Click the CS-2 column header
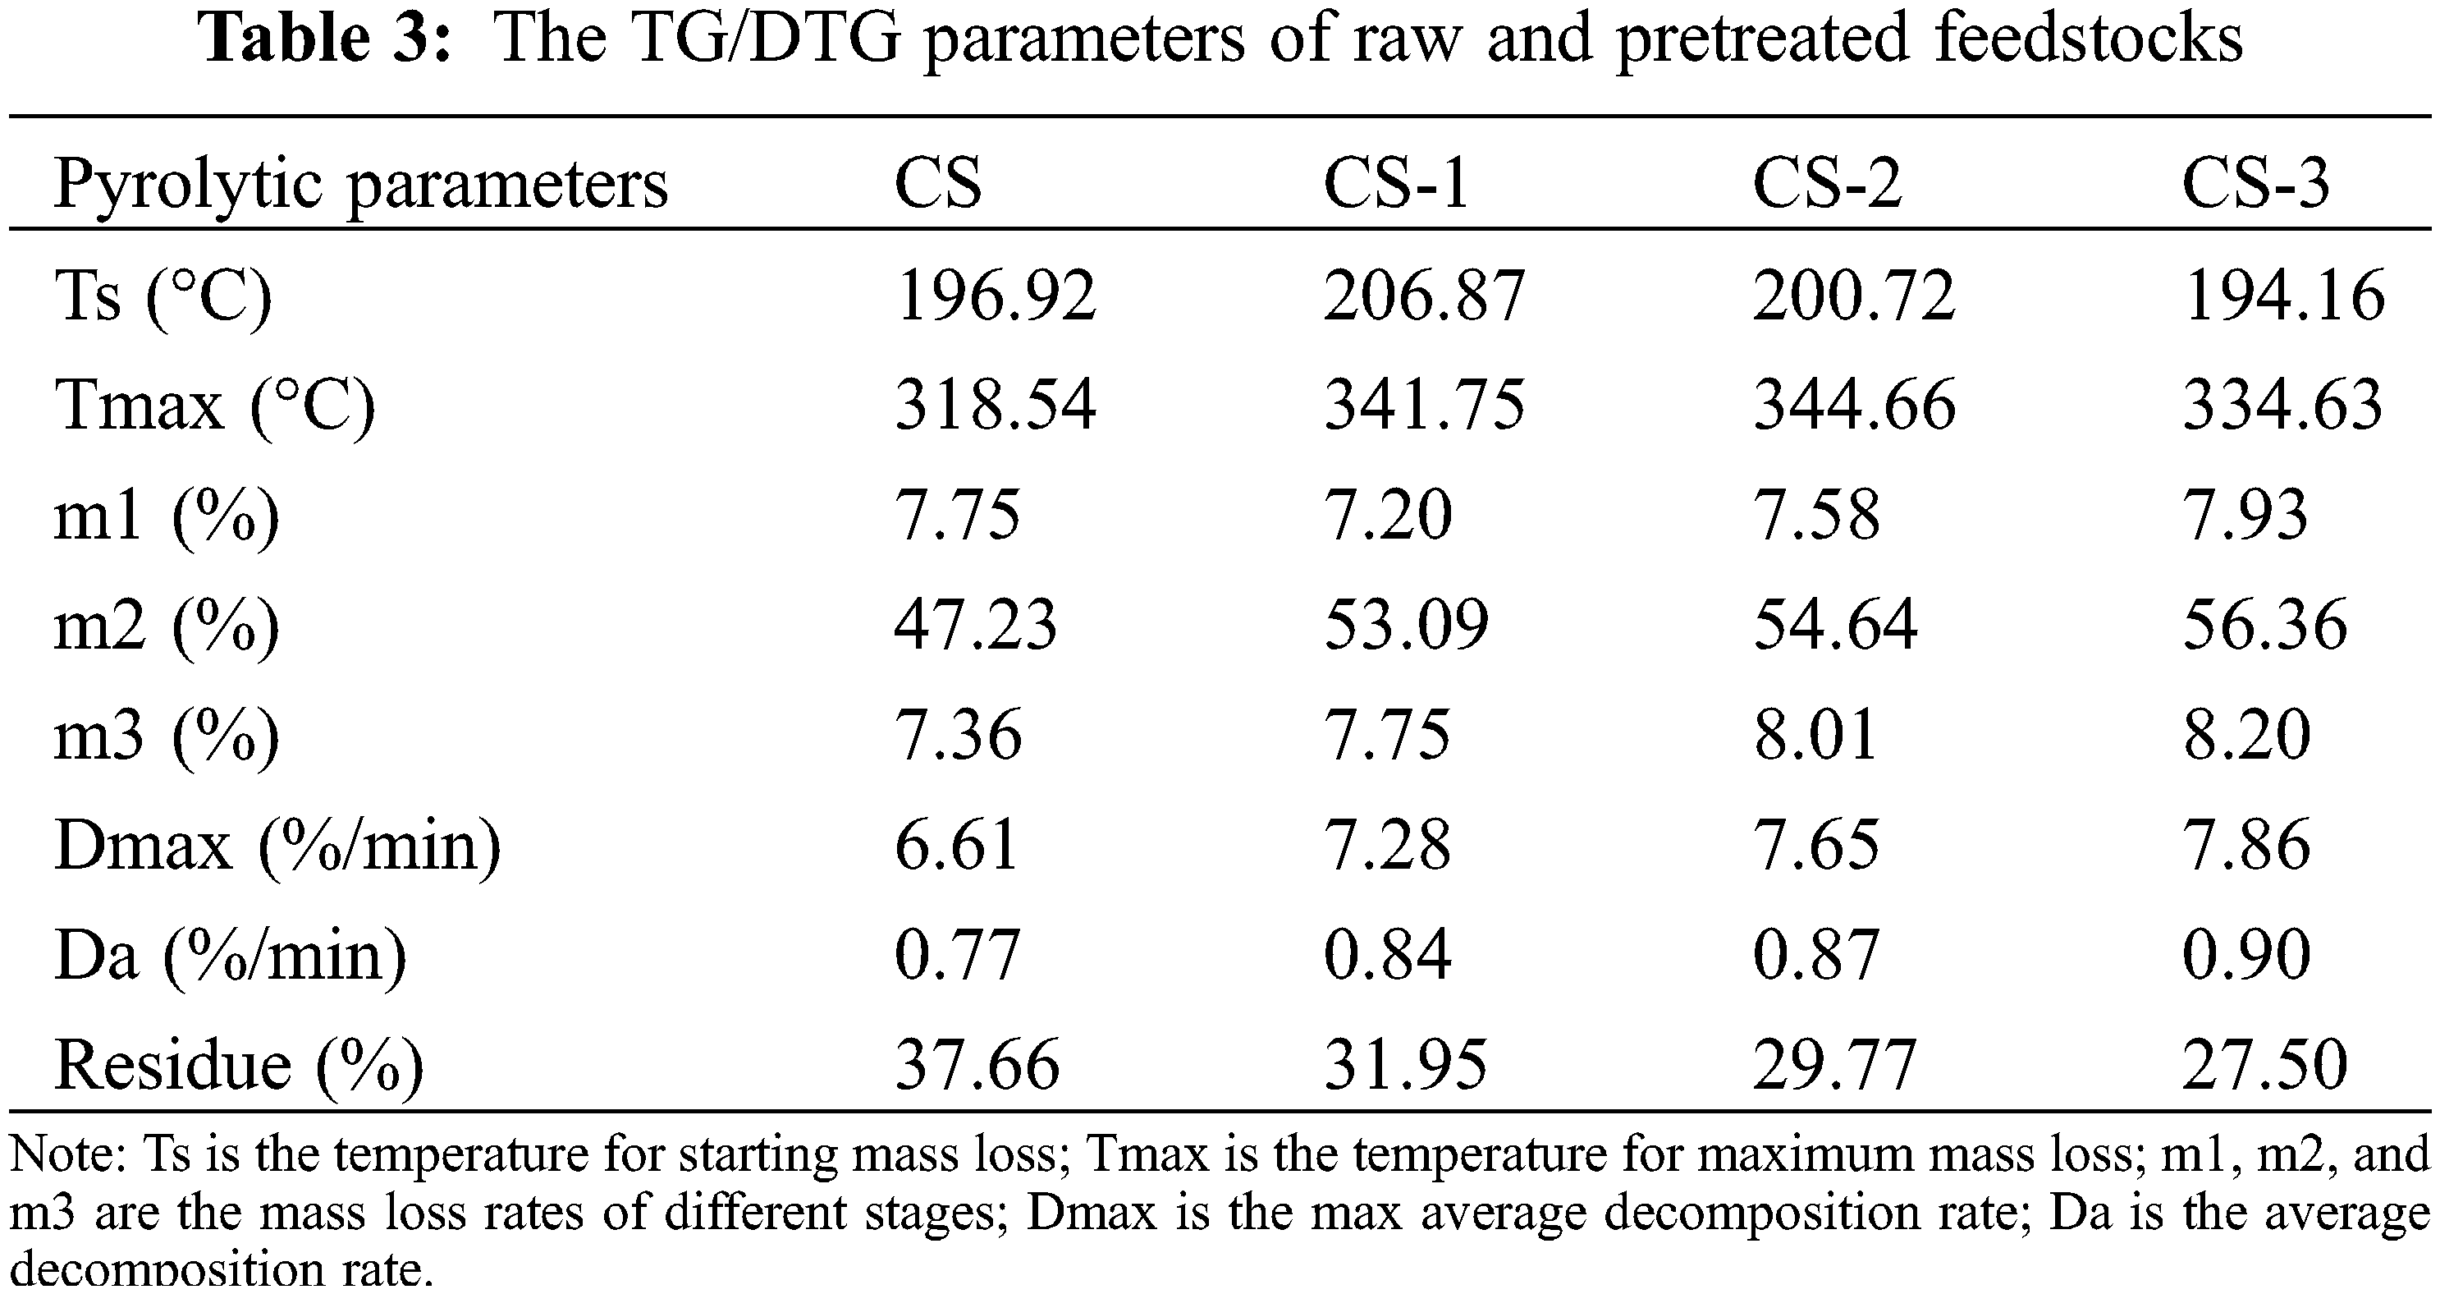pyautogui.click(x=1827, y=183)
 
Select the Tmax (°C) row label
pyautogui.click(x=215, y=405)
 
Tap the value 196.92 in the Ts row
pyautogui.click(x=996, y=295)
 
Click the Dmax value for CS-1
pyautogui.click(x=1388, y=845)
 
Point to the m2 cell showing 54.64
pyautogui.click(x=1836, y=625)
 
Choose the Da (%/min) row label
pyautogui.click(x=230, y=955)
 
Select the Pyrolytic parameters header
pyautogui.click(x=361, y=183)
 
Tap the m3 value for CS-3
pyautogui.click(x=2247, y=735)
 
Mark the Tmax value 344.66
pyautogui.click(x=1855, y=405)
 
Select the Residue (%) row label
pyautogui.click(x=239, y=1065)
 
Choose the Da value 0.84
pyautogui.click(x=1388, y=955)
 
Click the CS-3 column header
pyautogui.click(x=2256, y=183)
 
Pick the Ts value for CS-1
pyautogui.click(x=1425, y=295)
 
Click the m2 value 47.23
pyautogui.click(x=976, y=625)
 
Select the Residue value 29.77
pyautogui.click(x=1836, y=1065)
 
